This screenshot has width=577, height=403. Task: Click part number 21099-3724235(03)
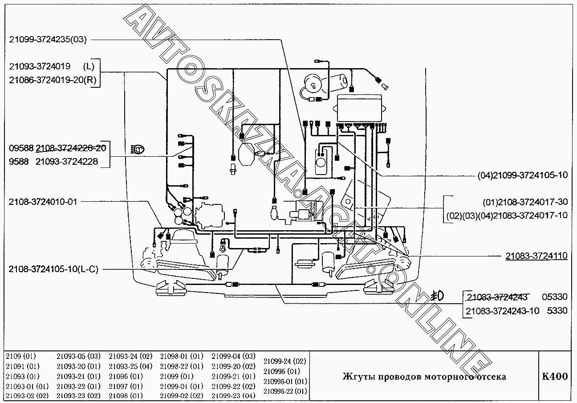pos(48,39)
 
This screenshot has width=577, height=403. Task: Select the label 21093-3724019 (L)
pos(52,67)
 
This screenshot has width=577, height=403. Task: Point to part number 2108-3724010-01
pos(43,201)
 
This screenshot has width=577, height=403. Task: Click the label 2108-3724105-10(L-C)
pos(53,269)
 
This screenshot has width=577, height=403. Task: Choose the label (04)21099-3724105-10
pos(523,175)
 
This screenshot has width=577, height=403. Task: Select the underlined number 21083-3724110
pos(536,256)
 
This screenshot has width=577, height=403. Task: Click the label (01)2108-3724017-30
pos(525,202)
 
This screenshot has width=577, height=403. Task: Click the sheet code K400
pos(555,376)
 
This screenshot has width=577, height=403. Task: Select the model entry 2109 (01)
pos(21,356)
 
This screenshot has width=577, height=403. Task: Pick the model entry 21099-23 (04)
pos(233,395)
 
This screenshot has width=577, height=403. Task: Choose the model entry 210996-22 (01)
pos(285,391)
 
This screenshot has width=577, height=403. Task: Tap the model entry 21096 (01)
pos(126,376)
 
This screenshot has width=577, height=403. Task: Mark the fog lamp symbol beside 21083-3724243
pos(436,296)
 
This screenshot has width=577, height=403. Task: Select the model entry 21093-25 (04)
pos(130,366)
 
